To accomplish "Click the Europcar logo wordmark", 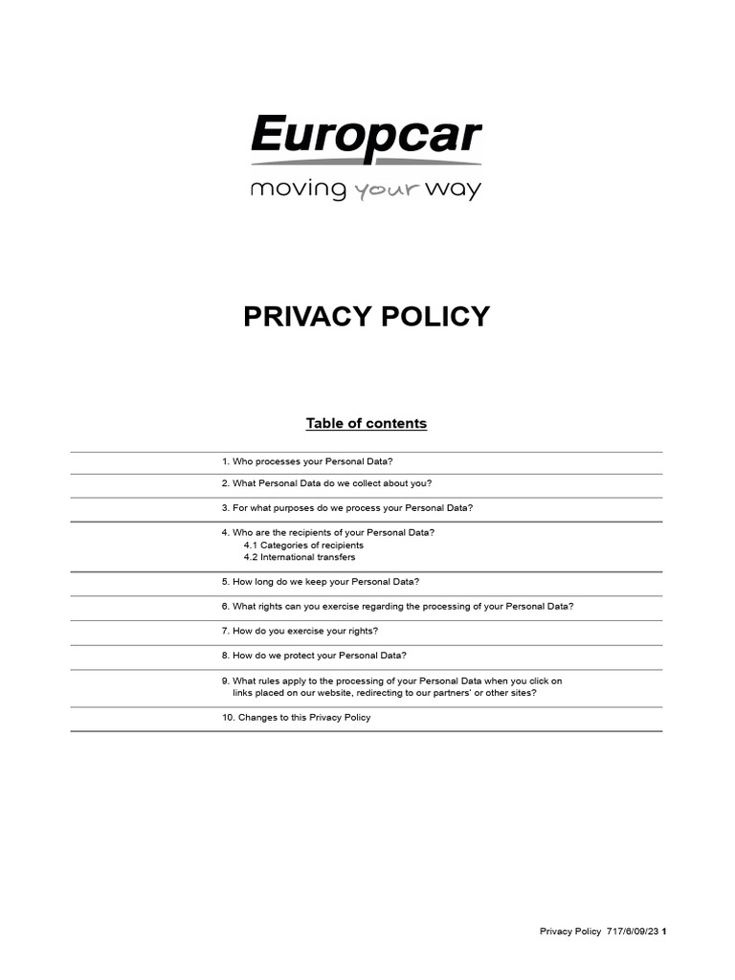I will [367, 136].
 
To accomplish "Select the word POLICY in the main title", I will [435, 317].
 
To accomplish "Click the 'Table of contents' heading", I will [367, 423].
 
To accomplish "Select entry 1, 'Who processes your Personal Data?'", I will [307, 461].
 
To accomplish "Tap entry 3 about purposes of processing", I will [346, 508].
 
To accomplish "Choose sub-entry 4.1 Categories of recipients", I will [303, 545].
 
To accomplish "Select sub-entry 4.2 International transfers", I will [300, 557].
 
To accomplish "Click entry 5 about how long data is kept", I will [320, 582].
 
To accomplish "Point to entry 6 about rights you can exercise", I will [397, 607].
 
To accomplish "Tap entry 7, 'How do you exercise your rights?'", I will [300, 631].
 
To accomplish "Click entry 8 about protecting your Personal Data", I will [314, 656].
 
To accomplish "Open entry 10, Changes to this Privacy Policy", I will [296, 717].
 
